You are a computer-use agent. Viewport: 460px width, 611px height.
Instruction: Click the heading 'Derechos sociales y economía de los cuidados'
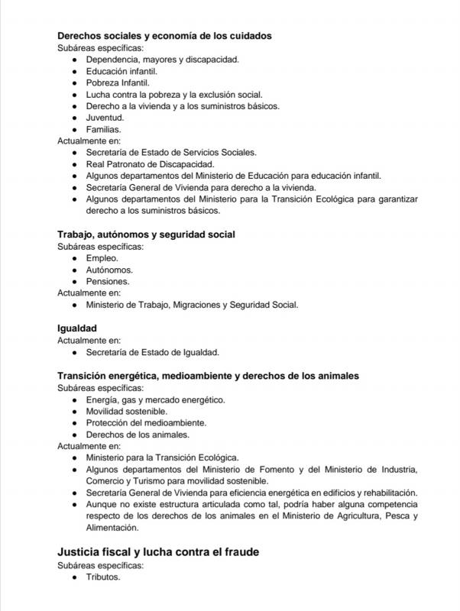tap(165, 35)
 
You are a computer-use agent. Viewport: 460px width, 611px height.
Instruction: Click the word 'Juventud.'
tap(105, 118)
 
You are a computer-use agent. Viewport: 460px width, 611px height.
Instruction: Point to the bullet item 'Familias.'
tap(103, 129)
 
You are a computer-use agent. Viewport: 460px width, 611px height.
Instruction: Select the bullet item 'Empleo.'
tap(102, 258)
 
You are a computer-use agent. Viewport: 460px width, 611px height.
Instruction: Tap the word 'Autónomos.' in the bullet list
tap(109, 270)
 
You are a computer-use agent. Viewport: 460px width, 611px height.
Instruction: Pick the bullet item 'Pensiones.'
tap(108, 281)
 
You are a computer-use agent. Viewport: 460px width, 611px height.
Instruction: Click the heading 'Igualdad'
tap(76, 328)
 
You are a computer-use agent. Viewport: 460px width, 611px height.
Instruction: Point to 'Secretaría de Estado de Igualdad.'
tap(153, 352)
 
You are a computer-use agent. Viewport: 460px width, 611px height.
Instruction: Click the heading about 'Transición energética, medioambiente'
tap(208, 376)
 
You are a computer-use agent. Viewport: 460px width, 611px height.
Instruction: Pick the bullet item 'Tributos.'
tap(103, 577)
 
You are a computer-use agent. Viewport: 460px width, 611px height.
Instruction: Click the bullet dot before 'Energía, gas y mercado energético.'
tap(74, 399)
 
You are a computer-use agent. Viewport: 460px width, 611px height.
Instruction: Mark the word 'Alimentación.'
tap(112, 527)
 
